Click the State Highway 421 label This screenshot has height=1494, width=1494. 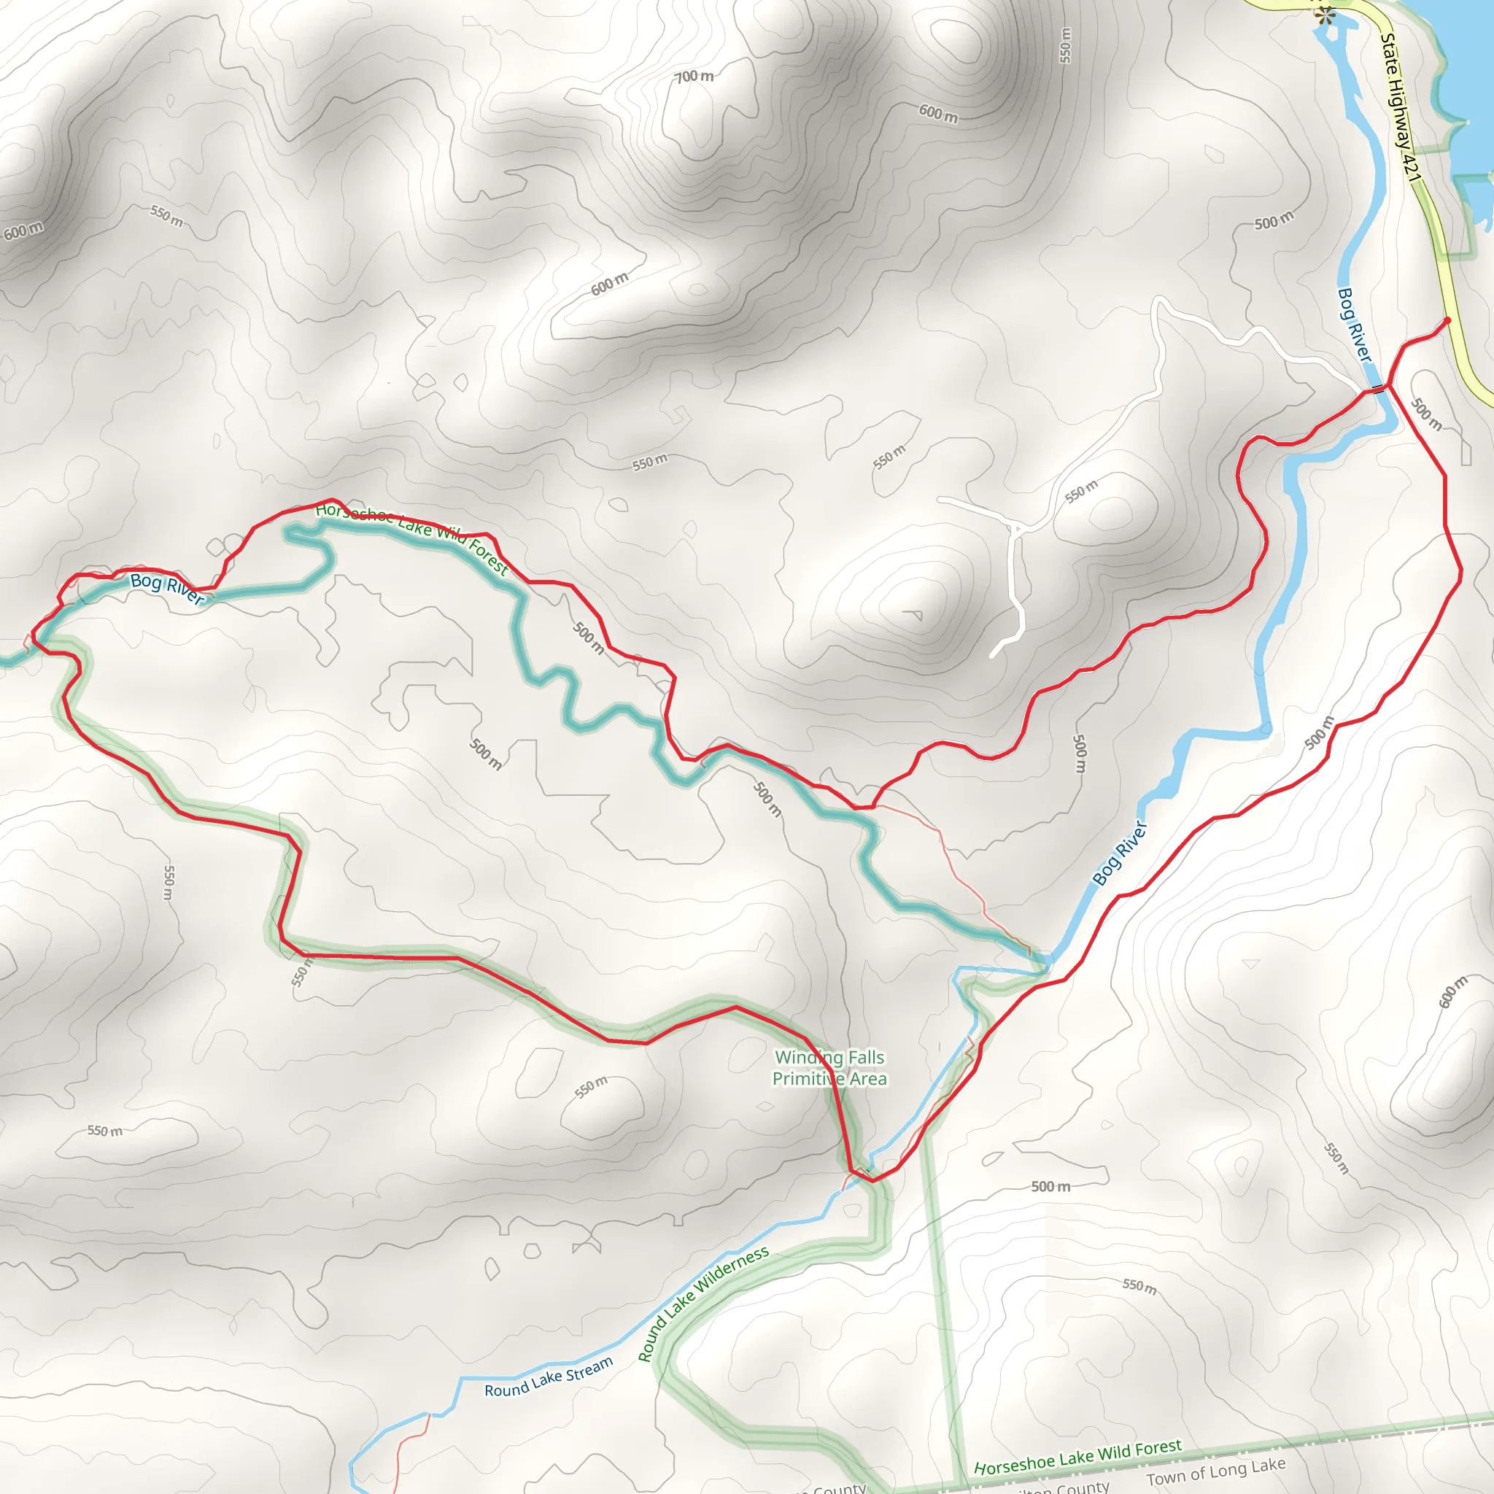point(1401,108)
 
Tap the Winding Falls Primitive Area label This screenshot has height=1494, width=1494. point(829,1068)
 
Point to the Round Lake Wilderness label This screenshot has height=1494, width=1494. point(703,1304)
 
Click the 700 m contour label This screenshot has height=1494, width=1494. point(694,77)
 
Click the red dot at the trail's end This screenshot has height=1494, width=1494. point(1447,320)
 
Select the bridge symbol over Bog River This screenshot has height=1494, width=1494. point(1378,388)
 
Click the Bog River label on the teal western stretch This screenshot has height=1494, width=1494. point(167,588)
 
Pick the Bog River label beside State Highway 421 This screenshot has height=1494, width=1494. point(1354,325)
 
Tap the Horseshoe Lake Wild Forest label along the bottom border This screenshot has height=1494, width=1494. point(1078,1457)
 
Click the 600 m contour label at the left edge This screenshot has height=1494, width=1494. point(23,231)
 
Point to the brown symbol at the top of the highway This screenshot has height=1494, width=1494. point(1325,15)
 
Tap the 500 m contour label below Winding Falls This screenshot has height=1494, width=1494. point(1050,1186)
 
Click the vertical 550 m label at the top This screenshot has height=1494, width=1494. point(1066,44)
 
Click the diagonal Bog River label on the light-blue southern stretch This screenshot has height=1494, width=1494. point(1120,853)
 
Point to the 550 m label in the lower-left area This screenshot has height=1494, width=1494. point(104,1131)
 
